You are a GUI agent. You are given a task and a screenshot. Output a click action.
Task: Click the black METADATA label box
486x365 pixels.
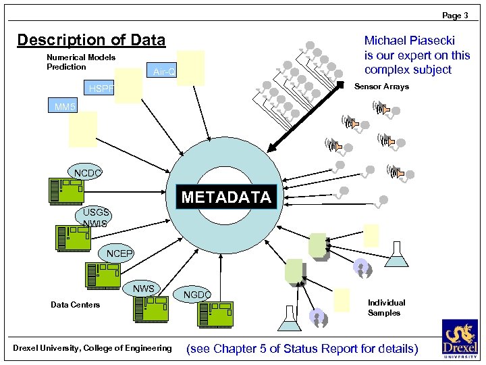(226, 197)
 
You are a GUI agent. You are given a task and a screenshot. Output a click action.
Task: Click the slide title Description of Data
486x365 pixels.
(91, 40)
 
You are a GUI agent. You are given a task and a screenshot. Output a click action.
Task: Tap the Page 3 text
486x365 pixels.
(456, 15)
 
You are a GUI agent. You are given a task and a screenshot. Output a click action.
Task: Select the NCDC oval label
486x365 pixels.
(88, 173)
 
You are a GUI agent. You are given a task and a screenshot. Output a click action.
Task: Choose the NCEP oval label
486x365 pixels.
(119, 253)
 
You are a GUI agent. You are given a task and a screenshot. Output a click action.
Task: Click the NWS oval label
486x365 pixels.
(144, 289)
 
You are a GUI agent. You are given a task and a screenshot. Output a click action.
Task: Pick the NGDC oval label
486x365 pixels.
(197, 295)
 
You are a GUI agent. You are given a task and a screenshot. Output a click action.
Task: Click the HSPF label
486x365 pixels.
(102, 89)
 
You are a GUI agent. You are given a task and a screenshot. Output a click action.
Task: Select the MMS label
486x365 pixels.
(66, 107)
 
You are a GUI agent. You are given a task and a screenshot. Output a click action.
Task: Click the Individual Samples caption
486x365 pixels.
(386, 308)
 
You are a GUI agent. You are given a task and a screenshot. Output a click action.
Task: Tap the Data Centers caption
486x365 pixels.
(75, 305)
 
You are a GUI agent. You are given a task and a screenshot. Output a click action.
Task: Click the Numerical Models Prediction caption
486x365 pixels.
(80, 62)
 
